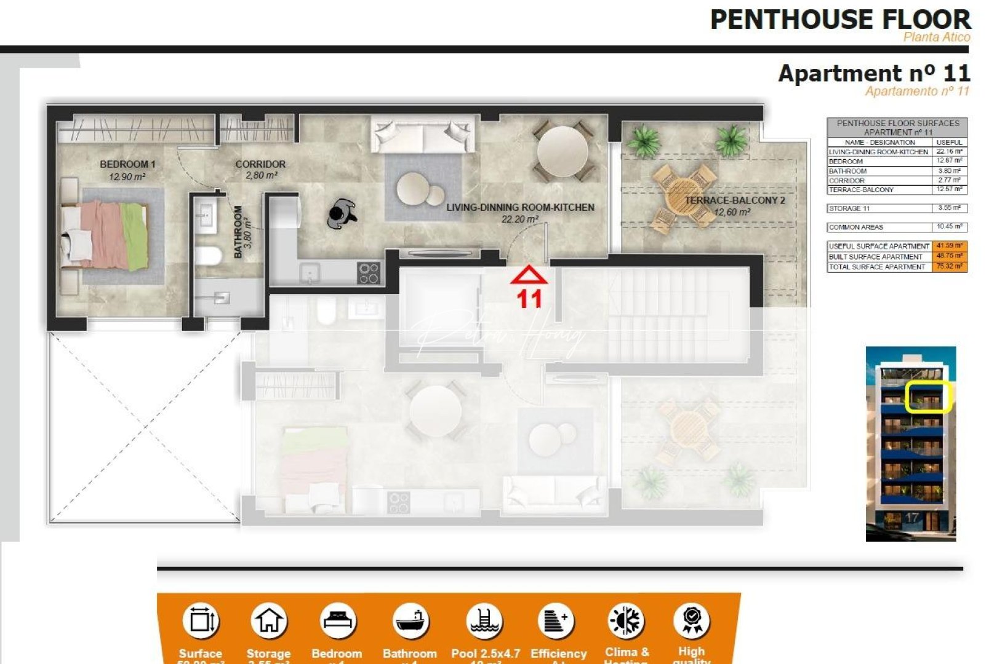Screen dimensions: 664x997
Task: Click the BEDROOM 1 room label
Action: click(127, 164)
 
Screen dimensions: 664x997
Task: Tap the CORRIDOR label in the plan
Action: click(260, 164)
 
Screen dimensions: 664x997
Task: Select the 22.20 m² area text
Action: click(520, 219)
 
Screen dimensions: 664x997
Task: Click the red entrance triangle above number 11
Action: click(528, 275)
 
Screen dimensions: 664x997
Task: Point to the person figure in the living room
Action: click(342, 214)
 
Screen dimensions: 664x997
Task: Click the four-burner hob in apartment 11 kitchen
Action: click(369, 273)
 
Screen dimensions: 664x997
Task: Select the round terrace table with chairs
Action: click(683, 196)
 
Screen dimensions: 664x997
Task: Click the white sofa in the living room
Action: click(422, 135)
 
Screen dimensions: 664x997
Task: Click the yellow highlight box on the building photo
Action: click(929, 397)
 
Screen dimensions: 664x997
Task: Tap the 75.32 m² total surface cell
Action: click(949, 267)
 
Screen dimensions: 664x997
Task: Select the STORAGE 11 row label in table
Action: click(849, 208)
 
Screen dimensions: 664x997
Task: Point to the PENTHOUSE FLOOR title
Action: click(840, 20)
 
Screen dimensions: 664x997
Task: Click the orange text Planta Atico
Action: click(936, 38)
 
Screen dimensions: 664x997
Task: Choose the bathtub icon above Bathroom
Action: click(410, 621)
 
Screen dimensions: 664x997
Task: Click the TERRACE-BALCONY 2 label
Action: click(734, 200)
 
